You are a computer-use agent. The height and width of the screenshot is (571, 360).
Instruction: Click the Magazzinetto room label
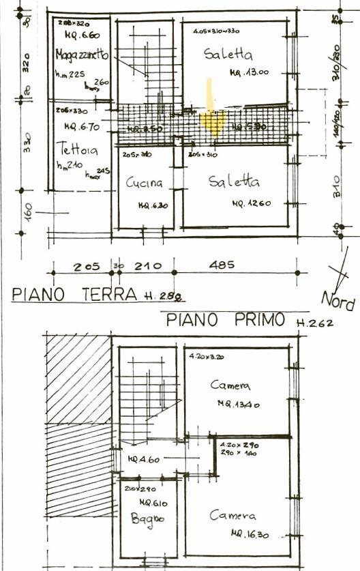tap(82, 55)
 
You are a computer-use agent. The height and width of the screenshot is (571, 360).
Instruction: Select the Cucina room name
tap(145, 183)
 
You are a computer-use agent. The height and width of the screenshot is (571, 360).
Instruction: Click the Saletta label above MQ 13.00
tap(228, 55)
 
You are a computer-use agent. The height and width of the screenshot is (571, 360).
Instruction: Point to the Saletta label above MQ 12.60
tap(234, 182)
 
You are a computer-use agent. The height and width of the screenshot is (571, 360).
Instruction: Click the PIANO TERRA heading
tap(75, 294)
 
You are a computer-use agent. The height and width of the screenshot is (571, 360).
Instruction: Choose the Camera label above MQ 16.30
tap(232, 515)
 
